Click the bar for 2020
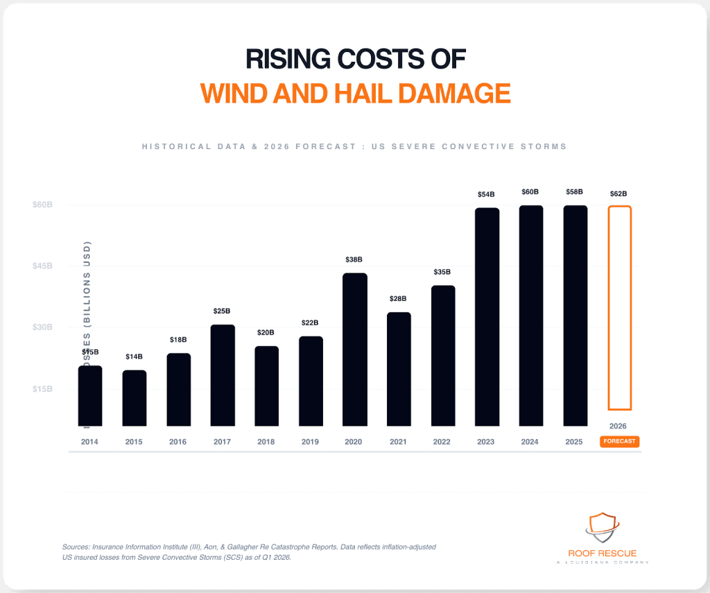click(355, 349)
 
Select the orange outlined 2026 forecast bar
click(619, 308)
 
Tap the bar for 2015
click(135, 398)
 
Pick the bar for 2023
click(487, 316)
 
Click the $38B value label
click(354, 259)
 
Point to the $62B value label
click(619, 194)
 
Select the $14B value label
click(135, 356)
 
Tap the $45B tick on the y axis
click(42, 266)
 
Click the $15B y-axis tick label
click(42, 389)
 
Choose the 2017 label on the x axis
click(223, 441)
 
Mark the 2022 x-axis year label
click(442, 441)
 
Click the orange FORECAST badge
click(619, 441)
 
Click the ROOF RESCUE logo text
click(602, 553)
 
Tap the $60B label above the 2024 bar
click(530, 191)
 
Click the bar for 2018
click(266, 386)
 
